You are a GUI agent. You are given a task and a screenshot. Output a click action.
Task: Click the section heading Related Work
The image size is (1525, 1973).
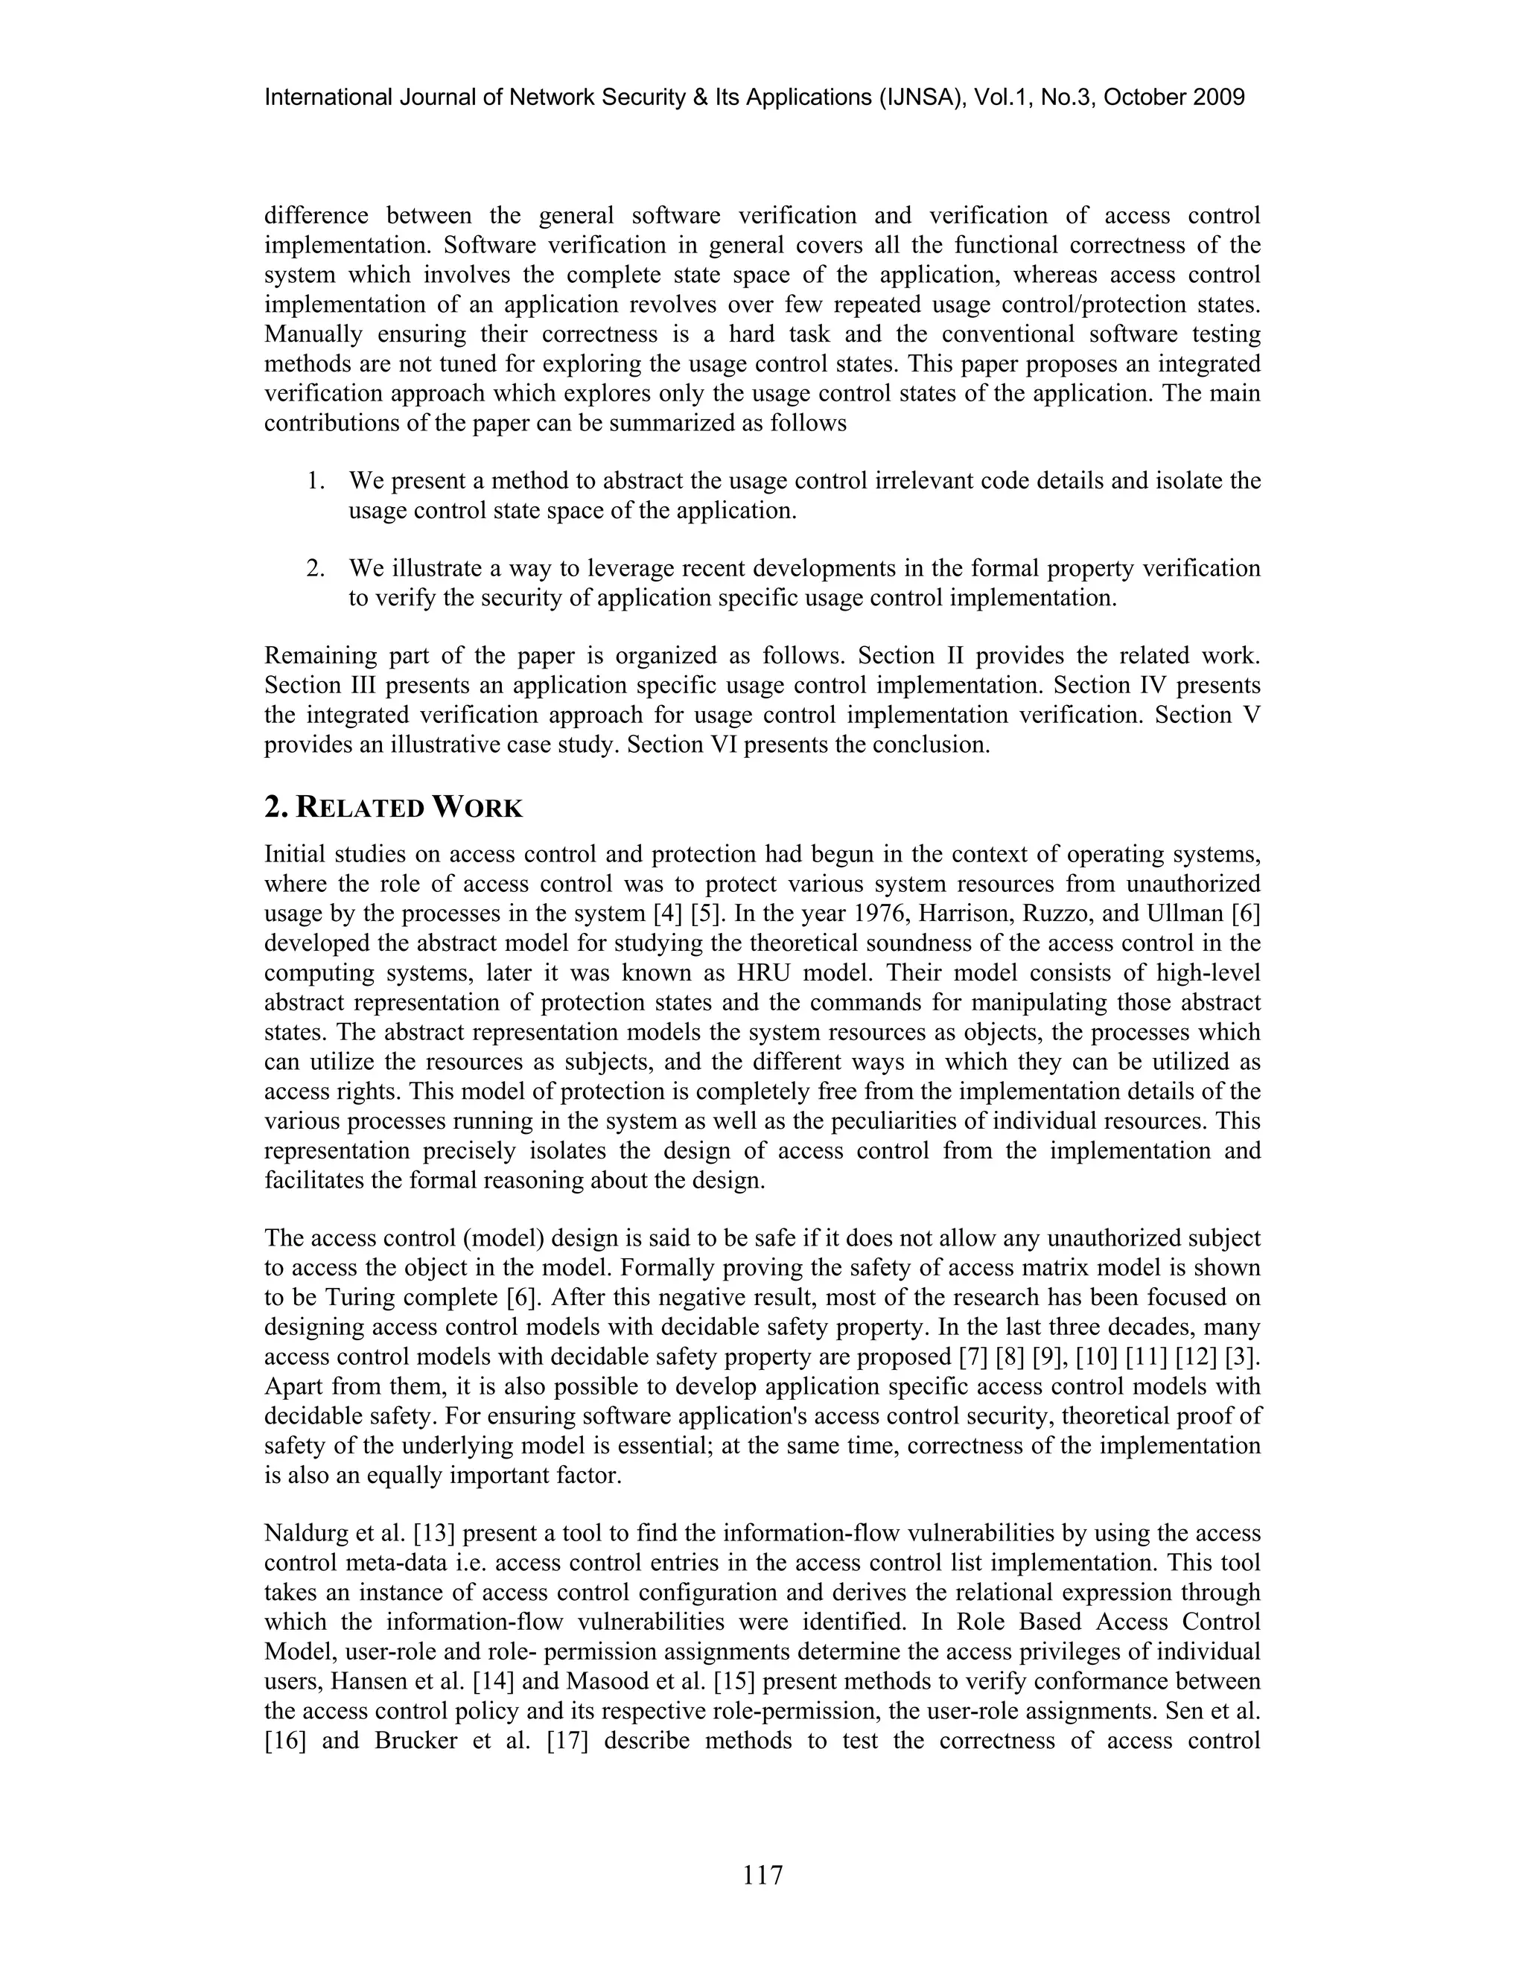(393, 807)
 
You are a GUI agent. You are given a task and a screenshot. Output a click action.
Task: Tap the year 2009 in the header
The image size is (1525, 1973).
(1219, 98)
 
